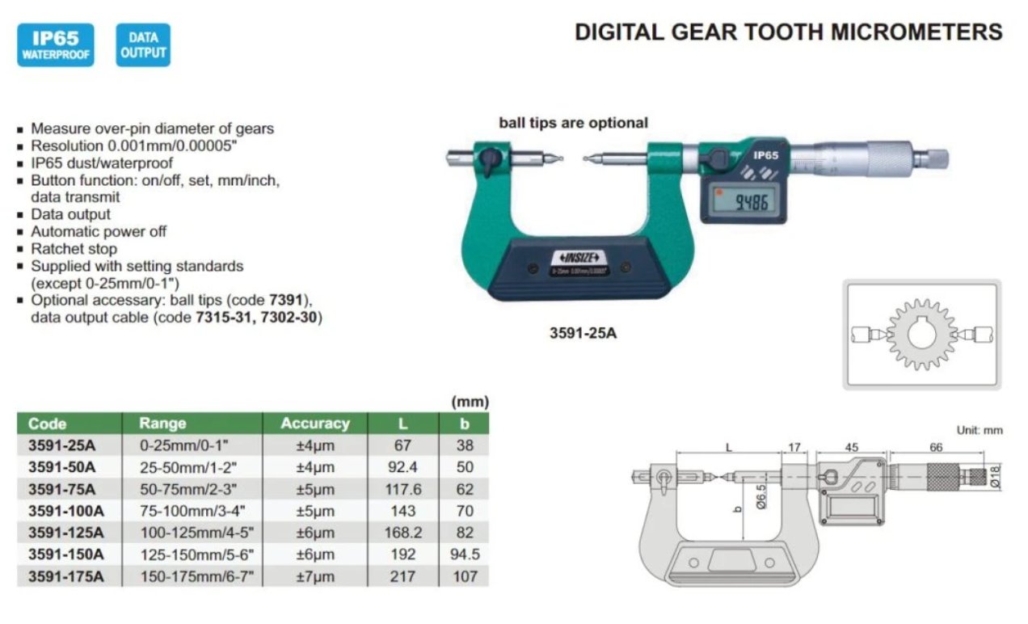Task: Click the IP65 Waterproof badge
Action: coord(56,45)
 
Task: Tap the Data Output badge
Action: coord(143,45)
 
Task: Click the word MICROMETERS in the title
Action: coord(917,32)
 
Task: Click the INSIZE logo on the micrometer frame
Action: coord(579,257)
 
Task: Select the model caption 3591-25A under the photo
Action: coord(583,333)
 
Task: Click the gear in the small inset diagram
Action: coord(921,335)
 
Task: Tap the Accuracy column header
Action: coord(315,424)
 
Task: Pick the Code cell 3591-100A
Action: coord(66,511)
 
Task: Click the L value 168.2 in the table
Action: coord(403,533)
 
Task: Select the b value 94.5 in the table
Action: coord(465,554)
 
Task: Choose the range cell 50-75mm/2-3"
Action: coord(188,490)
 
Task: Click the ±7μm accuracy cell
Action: coord(315,576)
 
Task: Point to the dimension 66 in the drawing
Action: coord(936,447)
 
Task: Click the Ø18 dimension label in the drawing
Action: coord(995,477)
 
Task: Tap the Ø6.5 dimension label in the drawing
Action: coord(761,497)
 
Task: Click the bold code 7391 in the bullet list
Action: coord(286,301)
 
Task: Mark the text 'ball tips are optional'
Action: coord(573,123)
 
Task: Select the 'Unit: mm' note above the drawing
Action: coord(980,431)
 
